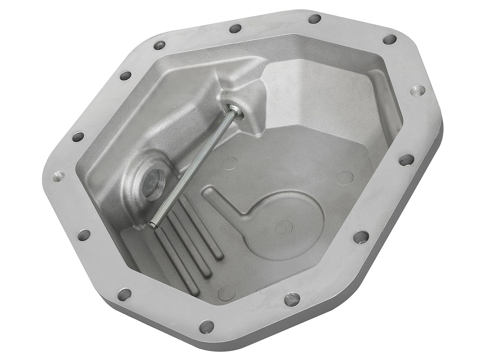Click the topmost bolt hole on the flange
tap(314, 19)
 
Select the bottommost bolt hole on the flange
tap(206, 326)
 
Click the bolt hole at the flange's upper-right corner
tap(389, 40)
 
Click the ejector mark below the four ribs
tap(227, 293)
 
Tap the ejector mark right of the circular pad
tap(344, 178)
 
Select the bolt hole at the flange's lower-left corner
tap(124, 294)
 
